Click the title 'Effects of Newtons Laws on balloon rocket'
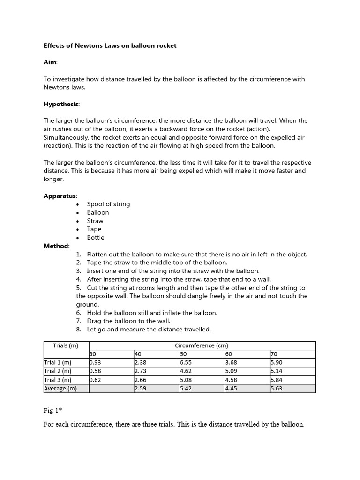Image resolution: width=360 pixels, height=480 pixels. [110, 46]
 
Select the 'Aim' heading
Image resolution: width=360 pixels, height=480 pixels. [50, 62]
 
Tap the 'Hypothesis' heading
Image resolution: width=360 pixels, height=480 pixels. [61, 104]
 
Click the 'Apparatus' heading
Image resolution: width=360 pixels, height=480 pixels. [60, 195]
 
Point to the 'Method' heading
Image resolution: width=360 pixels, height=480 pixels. [56, 246]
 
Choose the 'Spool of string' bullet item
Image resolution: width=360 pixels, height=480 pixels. [108, 204]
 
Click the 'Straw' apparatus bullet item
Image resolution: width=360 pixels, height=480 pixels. [95, 221]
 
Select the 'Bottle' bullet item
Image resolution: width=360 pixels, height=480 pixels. [96, 238]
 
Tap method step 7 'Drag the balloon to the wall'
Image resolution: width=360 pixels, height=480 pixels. [128, 321]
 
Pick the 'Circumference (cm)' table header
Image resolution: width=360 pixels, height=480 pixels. [202, 346]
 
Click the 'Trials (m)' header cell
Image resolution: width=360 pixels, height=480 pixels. [66, 346]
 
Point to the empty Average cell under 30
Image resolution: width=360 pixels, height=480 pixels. [111, 389]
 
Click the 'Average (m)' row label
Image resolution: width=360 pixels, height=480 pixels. [60, 389]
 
